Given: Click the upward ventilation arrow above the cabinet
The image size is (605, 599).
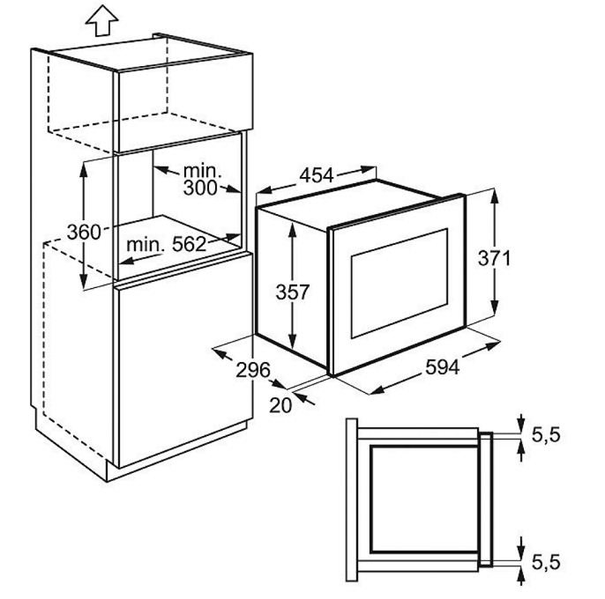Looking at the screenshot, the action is [102, 20].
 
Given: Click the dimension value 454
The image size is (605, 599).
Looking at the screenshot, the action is [317, 175].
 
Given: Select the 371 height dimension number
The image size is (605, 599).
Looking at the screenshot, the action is [494, 258].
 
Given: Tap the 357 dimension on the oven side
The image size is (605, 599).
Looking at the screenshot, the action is [293, 292].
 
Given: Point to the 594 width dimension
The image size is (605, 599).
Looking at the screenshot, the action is [442, 367].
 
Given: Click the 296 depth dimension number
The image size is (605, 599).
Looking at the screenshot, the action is [253, 370].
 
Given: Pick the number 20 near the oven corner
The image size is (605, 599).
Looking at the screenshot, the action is [280, 405].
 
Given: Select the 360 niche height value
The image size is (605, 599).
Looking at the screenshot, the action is [84, 232].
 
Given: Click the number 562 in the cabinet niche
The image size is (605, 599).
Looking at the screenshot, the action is [189, 244].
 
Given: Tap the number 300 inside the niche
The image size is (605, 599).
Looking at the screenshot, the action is [200, 188].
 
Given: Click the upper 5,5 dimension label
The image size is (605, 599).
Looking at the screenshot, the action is [546, 435].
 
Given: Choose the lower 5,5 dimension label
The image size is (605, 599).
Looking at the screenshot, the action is [546, 562].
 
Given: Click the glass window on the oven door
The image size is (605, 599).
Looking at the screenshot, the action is [400, 284].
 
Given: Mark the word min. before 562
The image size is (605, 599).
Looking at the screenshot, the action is [146, 244].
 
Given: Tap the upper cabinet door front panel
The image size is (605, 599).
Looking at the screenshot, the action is [185, 102].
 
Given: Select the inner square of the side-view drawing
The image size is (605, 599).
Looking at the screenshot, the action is [423, 499].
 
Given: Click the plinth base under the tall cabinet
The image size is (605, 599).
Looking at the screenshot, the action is [176, 452].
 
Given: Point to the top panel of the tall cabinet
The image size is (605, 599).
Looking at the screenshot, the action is [151, 53].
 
